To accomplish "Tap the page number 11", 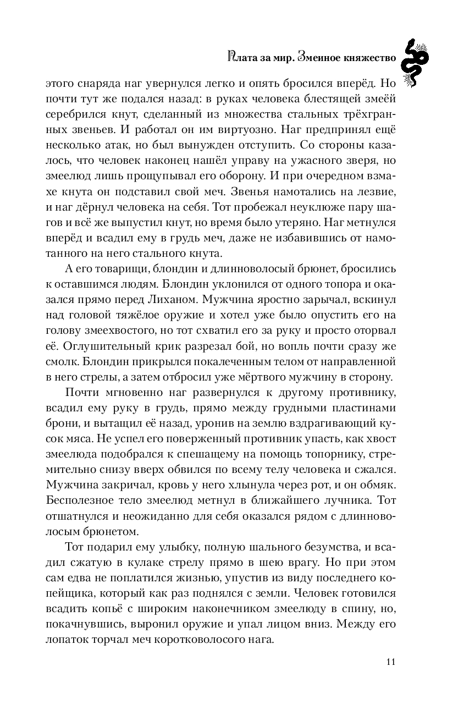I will (x=391, y=661).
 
